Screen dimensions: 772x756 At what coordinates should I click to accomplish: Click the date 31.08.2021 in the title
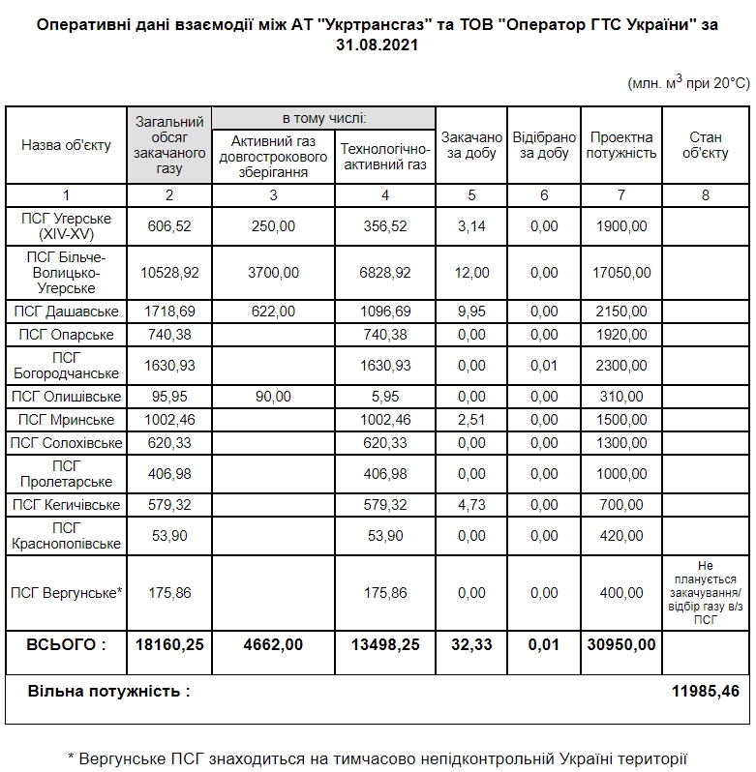click(x=378, y=45)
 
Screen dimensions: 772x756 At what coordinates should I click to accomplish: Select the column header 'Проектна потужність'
click(x=620, y=145)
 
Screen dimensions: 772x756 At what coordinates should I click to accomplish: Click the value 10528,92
click(x=169, y=273)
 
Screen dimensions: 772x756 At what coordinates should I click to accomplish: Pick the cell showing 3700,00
click(x=273, y=273)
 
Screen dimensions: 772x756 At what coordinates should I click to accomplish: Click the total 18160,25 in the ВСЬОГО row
click(x=169, y=644)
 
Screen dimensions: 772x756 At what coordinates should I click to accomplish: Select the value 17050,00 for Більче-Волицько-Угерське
click(x=620, y=273)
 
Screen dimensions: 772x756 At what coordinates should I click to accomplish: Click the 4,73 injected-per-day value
click(x=471, y=505)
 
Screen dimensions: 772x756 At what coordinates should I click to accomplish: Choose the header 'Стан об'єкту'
click(x=705, y=145)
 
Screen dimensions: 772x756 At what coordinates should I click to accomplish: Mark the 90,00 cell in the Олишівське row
click(x=273, y=397)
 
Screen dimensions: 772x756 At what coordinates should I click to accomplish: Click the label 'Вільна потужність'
click(x=108, y=692)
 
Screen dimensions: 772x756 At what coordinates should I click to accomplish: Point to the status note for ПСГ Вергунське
click(x=705, y=593)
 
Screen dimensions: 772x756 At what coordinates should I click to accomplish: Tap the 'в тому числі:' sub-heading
click(x=322, y=118)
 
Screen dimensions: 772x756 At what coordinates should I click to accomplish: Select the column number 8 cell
click(x=705, y=195)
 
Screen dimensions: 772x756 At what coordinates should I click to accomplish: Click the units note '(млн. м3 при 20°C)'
click(x=688, y=83)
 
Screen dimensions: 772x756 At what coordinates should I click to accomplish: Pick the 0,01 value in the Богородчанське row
click(x=544, y=366)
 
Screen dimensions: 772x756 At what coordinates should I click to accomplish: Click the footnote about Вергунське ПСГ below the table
click(x=378, y=757)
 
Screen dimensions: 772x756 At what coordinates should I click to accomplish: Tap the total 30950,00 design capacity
click(x=620, y=644)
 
